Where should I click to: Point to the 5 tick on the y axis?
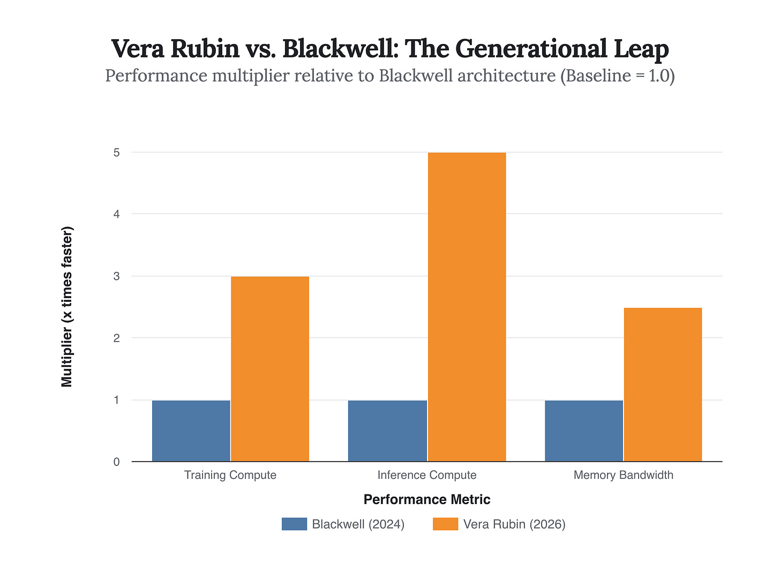pos(116,153)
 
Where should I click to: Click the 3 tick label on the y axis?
pos(116,277)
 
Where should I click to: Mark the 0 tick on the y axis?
pos(116,462)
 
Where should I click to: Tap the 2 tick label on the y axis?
pos(116,338)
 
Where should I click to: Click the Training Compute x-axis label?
pos(230,475)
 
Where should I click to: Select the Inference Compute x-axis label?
pos(427,475)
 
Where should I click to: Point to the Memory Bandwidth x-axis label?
pos(623,475)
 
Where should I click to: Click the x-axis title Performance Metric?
pos(427,500)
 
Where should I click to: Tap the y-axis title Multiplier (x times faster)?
pos(67,307)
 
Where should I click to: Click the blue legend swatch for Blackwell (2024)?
pos(294,524)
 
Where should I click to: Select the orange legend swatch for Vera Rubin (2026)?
pos(445,524)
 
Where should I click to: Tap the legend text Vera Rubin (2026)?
pos(514,524)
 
